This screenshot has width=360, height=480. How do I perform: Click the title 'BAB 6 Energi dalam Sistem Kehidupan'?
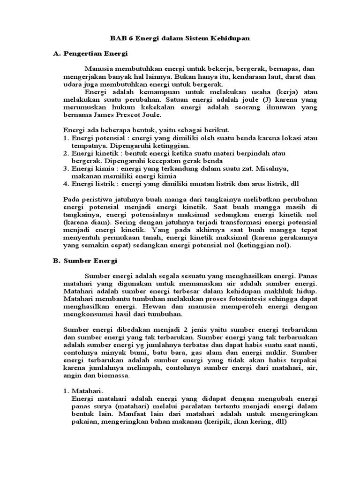(x=180, y=39)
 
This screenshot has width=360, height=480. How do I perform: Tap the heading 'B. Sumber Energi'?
(x=84, y=260)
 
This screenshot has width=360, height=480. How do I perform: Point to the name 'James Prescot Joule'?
(x=128, y=114)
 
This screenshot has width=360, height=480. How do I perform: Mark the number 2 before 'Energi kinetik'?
(x=65, y=153)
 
